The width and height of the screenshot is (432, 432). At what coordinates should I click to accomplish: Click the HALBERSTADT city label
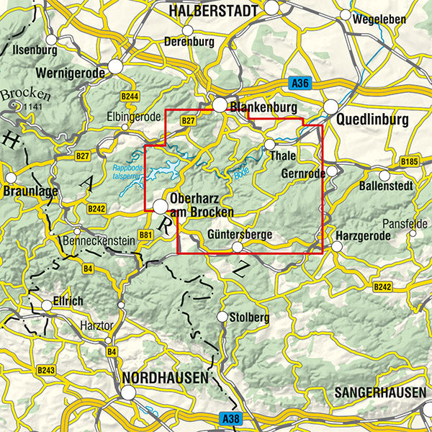coord(214,11)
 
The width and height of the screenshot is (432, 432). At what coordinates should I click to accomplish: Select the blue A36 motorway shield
coord(301,84)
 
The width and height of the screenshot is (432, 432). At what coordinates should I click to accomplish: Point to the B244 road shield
coord(130,96)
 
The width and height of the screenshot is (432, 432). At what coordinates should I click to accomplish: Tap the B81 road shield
coord(145,235)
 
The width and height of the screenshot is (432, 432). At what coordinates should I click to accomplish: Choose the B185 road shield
coord(409,161)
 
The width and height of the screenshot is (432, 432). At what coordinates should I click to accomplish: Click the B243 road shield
coord(45,369)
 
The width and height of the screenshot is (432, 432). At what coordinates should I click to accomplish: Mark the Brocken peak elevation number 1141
coord(32,107)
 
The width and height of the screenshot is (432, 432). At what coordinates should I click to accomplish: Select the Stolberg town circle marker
coord(222,317)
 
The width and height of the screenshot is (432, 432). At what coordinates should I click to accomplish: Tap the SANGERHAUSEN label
coord(379,393)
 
